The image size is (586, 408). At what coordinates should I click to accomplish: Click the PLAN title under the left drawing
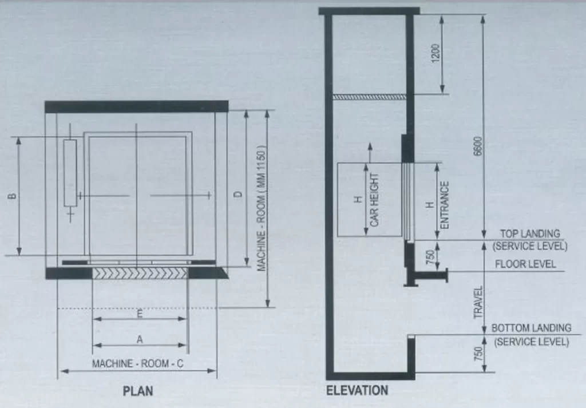(138, 392)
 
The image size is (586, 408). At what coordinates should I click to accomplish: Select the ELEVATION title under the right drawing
(357, 391)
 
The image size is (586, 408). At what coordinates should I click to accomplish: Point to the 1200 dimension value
(437, 53)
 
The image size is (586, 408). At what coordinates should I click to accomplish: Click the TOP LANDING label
(530, 234)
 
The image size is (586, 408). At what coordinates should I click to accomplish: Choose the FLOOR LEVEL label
(525, 264)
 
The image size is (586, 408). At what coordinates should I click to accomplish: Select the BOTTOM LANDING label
(532, 328)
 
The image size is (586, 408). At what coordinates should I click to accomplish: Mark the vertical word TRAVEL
(479, 302)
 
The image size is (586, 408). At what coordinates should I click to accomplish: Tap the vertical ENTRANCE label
(445, 205)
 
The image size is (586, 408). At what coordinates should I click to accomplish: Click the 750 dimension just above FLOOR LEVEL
(430, 256)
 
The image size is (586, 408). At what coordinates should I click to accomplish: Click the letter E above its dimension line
(140, 313)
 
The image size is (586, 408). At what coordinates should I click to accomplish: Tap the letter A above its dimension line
(139, 339)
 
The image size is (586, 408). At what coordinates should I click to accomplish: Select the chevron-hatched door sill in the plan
(140, 273)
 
